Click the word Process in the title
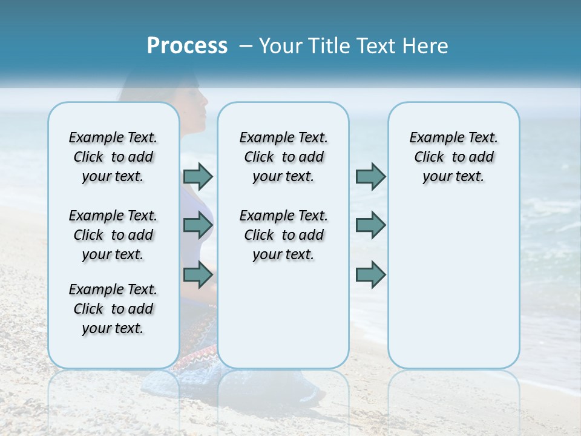coord(187,46)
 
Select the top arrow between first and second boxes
coord(198,176)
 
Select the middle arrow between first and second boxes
coord(198,225)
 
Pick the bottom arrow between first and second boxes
coord(198,274)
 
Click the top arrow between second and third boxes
coord(370,176)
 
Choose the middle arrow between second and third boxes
coord(370,225)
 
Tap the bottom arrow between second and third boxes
coord(370,274)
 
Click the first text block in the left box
coord(113,157)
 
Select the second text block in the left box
coord(113,235)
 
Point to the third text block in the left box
coord(113,309)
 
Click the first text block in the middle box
coord(284,157)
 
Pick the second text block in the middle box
coord(284,235)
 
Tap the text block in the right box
coord(454,157)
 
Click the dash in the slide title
coord(246,46)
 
